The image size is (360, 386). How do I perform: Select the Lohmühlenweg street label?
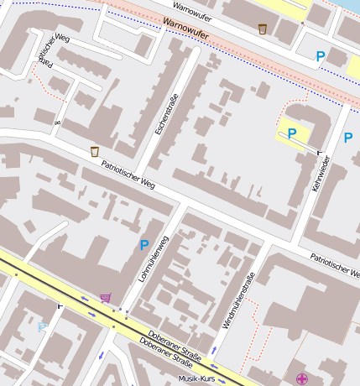pos(154,258)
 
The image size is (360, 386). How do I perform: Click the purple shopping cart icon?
pos(106,297)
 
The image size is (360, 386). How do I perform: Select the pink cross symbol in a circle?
pos(301,379)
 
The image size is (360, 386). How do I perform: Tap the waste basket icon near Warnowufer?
pos(263,29)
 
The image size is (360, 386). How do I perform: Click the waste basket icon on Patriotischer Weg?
pos(94,151)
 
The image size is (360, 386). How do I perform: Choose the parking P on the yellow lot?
pos(292,133)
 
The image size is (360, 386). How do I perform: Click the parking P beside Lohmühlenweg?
pos(144,245)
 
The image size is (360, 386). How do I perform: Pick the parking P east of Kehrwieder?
pos(347,137)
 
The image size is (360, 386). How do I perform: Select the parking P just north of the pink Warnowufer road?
pos(320,56)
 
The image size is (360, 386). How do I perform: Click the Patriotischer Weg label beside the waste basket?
pos(128,172)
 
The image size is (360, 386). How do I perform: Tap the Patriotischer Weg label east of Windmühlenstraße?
pos(334,266)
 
